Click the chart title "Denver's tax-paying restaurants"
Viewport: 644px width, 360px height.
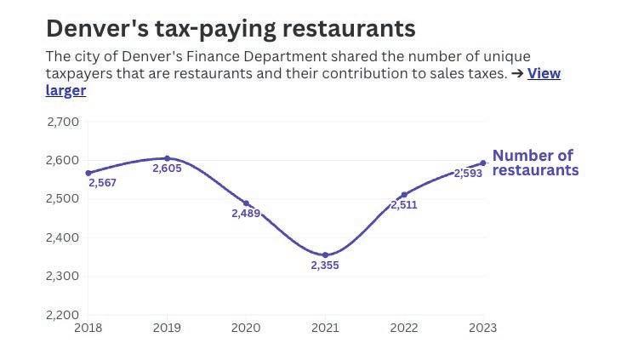(231, 28)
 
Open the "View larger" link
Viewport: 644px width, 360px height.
(544, 73)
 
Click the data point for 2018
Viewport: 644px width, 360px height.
(88, 173)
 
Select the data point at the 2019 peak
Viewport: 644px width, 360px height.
(167, 158)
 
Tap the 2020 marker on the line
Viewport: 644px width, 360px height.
(247, 203)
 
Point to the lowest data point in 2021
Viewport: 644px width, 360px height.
(325, 255)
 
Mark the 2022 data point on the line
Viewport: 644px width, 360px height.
(404, 195)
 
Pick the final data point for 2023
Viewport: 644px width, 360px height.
(483, 163)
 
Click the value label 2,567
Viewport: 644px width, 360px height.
(102, 183)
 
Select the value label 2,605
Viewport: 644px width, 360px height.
(167, 169)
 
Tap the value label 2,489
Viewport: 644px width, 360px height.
(246, 214)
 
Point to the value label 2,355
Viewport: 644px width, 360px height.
(325, 266)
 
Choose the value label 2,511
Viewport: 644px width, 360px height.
(404, 205)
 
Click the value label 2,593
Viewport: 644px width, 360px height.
(468, 174)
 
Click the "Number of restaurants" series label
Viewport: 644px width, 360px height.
(535, 163)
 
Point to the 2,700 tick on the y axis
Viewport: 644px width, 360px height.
(62, 122)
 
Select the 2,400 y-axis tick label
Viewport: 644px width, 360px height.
(62, 237)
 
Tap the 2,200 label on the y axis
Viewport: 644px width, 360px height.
(62, 315)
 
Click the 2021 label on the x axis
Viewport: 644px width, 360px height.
(325, 328)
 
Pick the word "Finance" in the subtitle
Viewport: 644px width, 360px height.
(255, 57)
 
